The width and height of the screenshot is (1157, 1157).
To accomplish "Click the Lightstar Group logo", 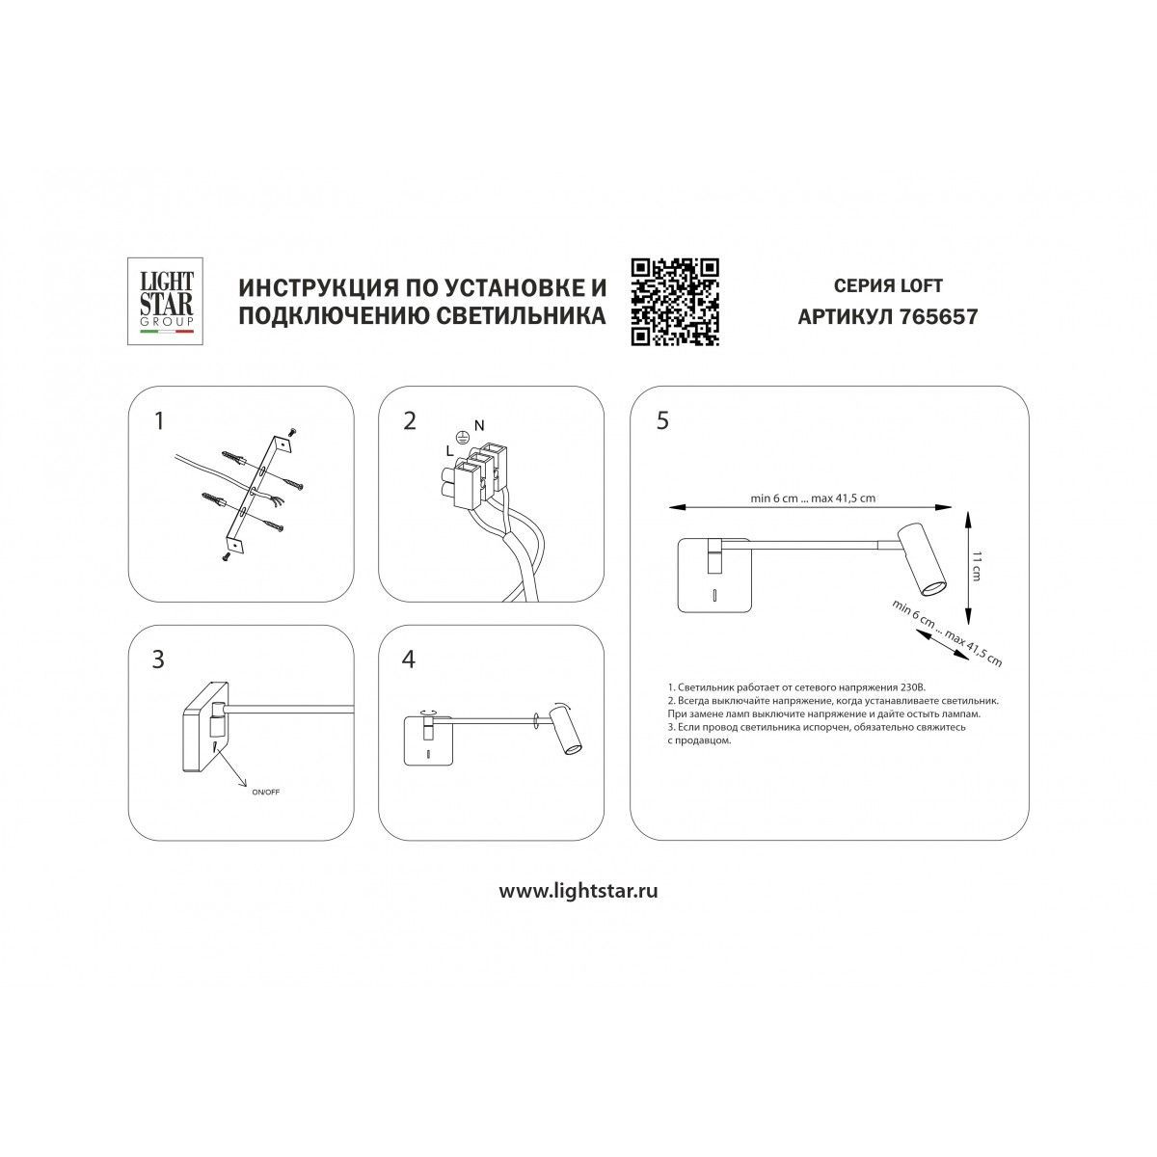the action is point(165,302).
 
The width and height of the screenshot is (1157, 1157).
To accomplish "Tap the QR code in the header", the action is point(675,302).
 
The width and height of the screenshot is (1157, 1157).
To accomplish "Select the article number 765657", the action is point(938,316).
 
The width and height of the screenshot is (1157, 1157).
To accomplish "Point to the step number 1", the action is point(158,421).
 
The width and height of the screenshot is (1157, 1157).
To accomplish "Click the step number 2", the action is point(410,421).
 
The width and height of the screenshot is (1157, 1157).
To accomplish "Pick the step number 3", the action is point(158,659).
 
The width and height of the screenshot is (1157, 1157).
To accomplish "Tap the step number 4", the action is point(408,659).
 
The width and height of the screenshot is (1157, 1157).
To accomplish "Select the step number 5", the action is point(662,421).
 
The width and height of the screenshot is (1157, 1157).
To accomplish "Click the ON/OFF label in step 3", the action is point(265,792).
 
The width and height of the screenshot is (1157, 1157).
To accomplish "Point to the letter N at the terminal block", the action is point(478,426).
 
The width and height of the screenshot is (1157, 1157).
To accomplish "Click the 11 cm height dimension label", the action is point(976,565).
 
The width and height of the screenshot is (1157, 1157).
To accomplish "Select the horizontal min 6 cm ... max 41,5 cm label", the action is point(813,498).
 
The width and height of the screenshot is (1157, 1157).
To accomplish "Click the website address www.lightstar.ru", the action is point(578,907).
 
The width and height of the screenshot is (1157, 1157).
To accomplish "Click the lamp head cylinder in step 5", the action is point(921,559).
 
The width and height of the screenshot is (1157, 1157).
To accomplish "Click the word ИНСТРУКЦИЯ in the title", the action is point(317,287).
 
